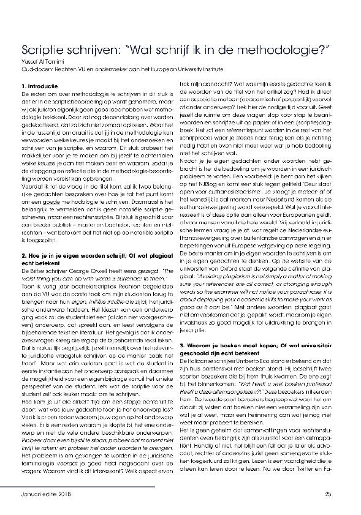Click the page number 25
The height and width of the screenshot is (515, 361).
coord(329,494)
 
